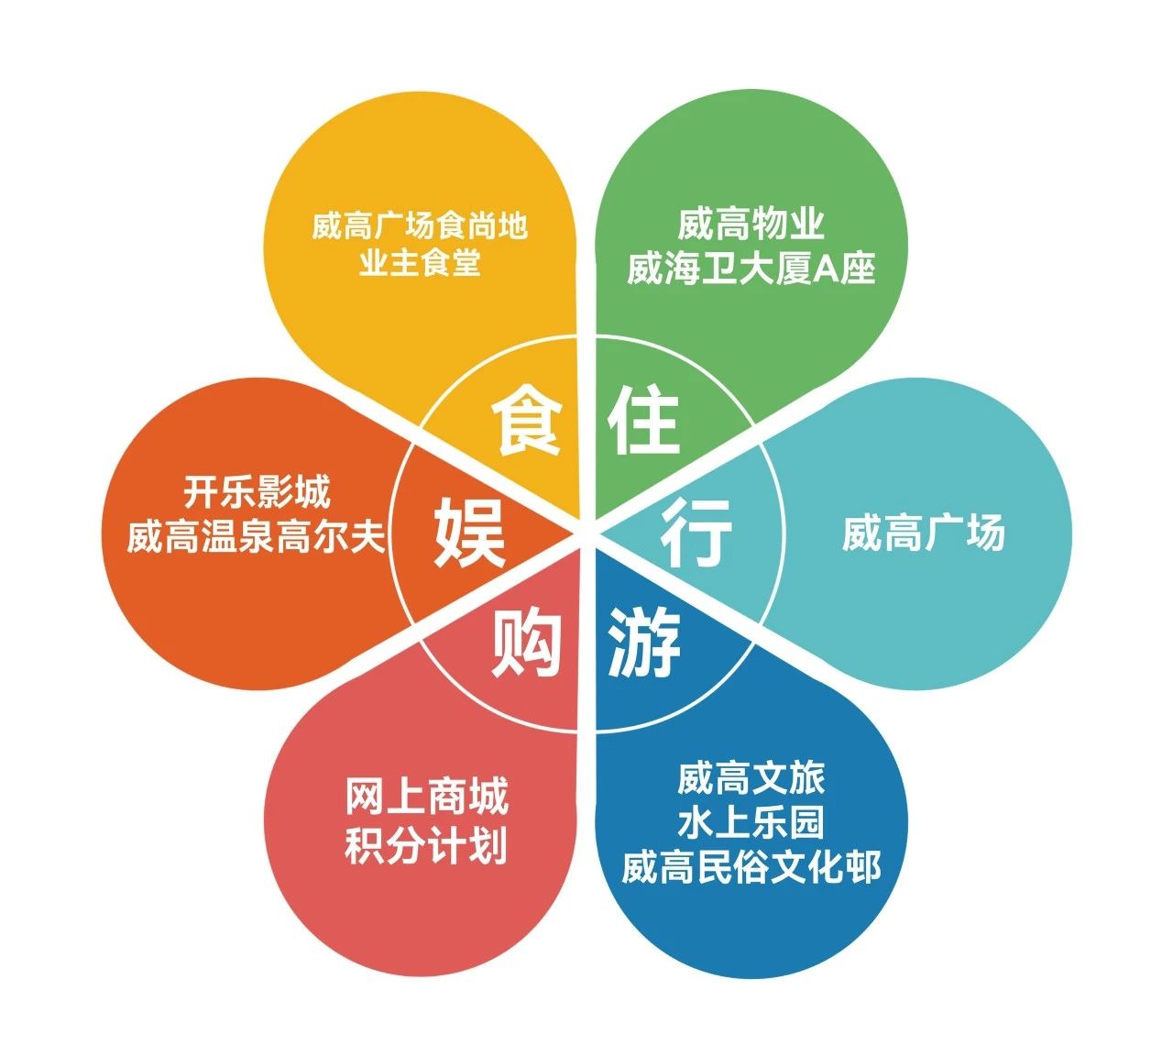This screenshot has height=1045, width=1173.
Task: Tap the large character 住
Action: click(x=643, y=421)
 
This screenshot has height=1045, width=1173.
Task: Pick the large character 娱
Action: click(x=469, y=533)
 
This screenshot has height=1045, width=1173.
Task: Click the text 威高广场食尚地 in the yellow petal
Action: click(x=420, y=225)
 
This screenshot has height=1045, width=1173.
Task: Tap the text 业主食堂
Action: click(x=420, y=264)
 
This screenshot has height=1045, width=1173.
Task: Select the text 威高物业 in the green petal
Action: click(x=751, y=224)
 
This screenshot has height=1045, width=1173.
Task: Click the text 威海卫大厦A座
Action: click(x=751, y=268)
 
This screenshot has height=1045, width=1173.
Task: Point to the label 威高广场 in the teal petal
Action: click(x=923, y=533)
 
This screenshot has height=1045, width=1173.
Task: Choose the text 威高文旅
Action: click(x=751, y=778)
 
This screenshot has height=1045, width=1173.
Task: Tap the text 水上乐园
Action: click(x=751, y=822)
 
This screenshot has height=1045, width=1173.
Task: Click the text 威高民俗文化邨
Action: click(x=751, y=867)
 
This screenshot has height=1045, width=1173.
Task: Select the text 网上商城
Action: click(x=426, y=797)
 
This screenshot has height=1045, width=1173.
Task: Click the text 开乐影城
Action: click(x=257, y=492)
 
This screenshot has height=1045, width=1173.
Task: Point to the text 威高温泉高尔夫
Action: click(x=257, y=536)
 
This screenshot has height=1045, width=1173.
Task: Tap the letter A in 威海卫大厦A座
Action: click(x=830, y=269)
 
